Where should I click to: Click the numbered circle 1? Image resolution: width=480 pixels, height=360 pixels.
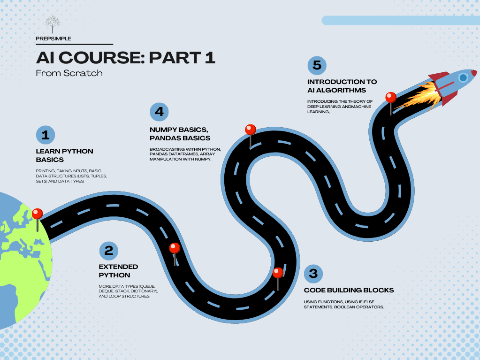[x=46, y=135]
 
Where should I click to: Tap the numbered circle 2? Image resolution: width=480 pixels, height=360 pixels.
[x=109, y=251]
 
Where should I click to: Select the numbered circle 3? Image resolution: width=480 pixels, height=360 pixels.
[x=313, y=274]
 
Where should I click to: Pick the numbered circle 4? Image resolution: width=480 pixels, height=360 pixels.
[x=159, y=112]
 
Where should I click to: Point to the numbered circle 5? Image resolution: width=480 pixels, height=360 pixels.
[x=317, y=66]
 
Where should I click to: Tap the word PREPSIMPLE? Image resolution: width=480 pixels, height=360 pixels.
[x=53, y=38]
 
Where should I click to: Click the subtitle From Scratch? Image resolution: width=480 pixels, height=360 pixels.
[x=69, y=73]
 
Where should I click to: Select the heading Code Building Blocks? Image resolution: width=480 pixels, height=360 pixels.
[x=349, y=290]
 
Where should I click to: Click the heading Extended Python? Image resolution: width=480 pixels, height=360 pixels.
[x=118, y=271]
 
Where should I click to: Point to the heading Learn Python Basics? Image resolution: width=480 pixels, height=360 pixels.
[x=65, y=155]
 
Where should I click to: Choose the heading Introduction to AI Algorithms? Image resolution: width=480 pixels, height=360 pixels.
[x=342, y=86]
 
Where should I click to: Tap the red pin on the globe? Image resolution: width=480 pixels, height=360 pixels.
[x=38, y=220]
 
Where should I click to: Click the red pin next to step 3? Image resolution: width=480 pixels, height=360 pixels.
[x=278, y=279]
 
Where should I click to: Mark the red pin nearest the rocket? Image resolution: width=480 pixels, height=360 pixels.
[x=391, y=103]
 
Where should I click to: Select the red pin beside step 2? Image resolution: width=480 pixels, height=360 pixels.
[x=175, y=254]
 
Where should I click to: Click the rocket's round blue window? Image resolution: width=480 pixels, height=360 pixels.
[x=464, y=77]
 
